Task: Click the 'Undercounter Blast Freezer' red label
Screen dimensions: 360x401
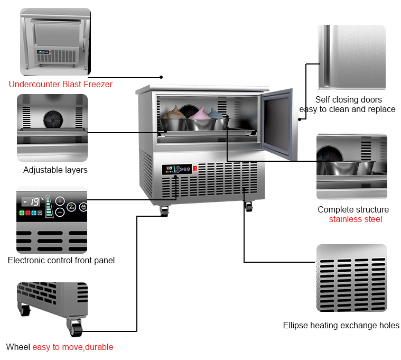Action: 60,84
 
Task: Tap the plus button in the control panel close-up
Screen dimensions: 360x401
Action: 60,201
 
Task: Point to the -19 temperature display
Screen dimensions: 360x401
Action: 33,201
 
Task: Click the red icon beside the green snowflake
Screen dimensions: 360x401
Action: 28,213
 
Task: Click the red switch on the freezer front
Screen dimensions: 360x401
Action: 195,169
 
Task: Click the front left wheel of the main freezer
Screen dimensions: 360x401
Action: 164,212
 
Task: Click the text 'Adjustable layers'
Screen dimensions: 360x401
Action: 55,170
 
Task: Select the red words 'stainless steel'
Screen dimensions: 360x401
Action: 355,219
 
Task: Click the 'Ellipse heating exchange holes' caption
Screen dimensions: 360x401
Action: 341,325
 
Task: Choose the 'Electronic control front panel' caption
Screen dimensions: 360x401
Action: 61,260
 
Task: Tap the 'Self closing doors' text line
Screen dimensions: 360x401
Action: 348,99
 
